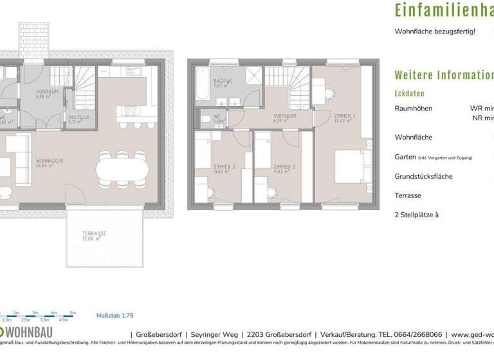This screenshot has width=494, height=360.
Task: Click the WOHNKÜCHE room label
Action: [49, 162]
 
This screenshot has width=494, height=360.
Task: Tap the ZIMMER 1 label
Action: [344, 116]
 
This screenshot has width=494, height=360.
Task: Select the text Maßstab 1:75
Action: [114, 316]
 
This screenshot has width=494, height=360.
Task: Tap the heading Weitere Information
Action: [444, 75]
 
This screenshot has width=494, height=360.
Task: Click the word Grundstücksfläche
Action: [424, 176]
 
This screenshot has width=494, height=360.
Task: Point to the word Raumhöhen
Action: [413, 109]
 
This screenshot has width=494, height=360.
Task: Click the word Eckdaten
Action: [409, 93]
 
